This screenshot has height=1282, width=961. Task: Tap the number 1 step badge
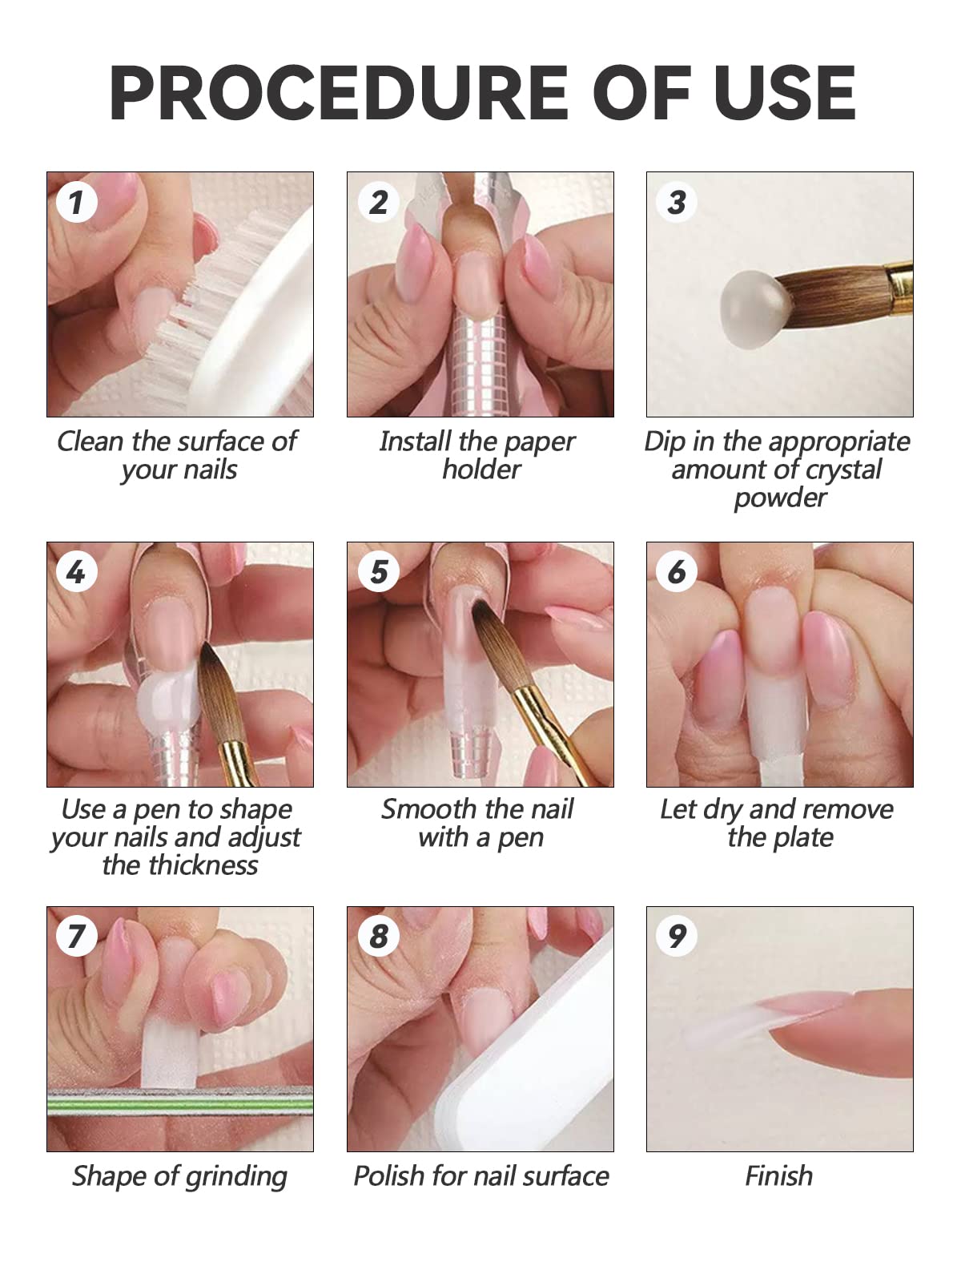pos(77,202)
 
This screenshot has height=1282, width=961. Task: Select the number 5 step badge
pos(378,572)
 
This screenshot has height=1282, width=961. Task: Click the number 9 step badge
pos(677,935)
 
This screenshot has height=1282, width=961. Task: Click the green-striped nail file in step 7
pos(179,1106)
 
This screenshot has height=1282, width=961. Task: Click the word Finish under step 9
pos(778,1176)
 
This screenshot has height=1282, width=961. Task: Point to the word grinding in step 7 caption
pos(235,1177)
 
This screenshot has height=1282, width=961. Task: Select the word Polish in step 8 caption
pos(389,1176)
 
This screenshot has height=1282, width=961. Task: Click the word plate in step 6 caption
pos(805,838)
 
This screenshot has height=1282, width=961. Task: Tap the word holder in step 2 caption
pos(481,470)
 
